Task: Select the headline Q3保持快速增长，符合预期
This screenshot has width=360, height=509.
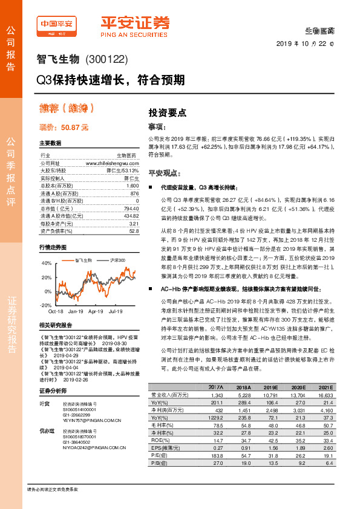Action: tap(113, 79)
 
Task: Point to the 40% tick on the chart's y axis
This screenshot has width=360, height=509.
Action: tap(47, 264)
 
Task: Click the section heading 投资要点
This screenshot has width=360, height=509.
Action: tap(168, 113)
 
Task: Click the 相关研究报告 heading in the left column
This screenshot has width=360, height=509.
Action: tap(56, 325)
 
